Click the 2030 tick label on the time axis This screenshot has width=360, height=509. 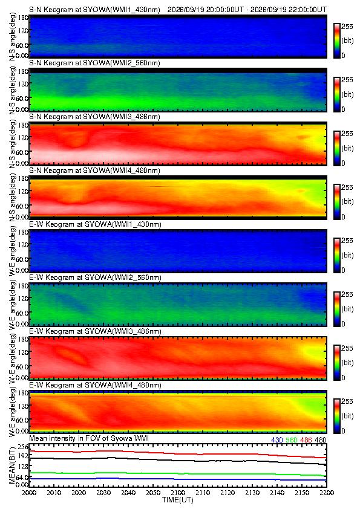coord(103,493)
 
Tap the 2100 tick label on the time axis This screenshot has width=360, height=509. coord(178,493)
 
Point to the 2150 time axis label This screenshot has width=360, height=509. coord(302,493)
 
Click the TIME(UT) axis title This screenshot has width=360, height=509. coord(177,500)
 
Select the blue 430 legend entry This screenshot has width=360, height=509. coord(277,440)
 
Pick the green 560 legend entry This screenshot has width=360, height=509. coord(292,440)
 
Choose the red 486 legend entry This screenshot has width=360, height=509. coord(306,440)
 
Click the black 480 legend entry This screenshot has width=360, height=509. coord(320,440)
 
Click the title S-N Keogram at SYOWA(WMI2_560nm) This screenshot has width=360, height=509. coord(94,63)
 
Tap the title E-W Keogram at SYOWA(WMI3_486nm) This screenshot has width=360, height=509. coord(95,332)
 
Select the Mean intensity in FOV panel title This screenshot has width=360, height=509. coord(89,438)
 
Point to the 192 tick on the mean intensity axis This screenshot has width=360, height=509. coord(24,456)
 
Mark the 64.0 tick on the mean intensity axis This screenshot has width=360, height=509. coord(22,477)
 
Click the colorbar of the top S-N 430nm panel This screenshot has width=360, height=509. coord(337,41)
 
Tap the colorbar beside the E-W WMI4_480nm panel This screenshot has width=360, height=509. coord(337,416)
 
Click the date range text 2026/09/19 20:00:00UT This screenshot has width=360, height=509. coord(206,10)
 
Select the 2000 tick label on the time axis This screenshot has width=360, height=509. coord(29,493)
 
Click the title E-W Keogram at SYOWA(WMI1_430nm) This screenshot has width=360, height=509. coord(95,224)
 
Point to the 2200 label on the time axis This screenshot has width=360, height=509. coord(327,493)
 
